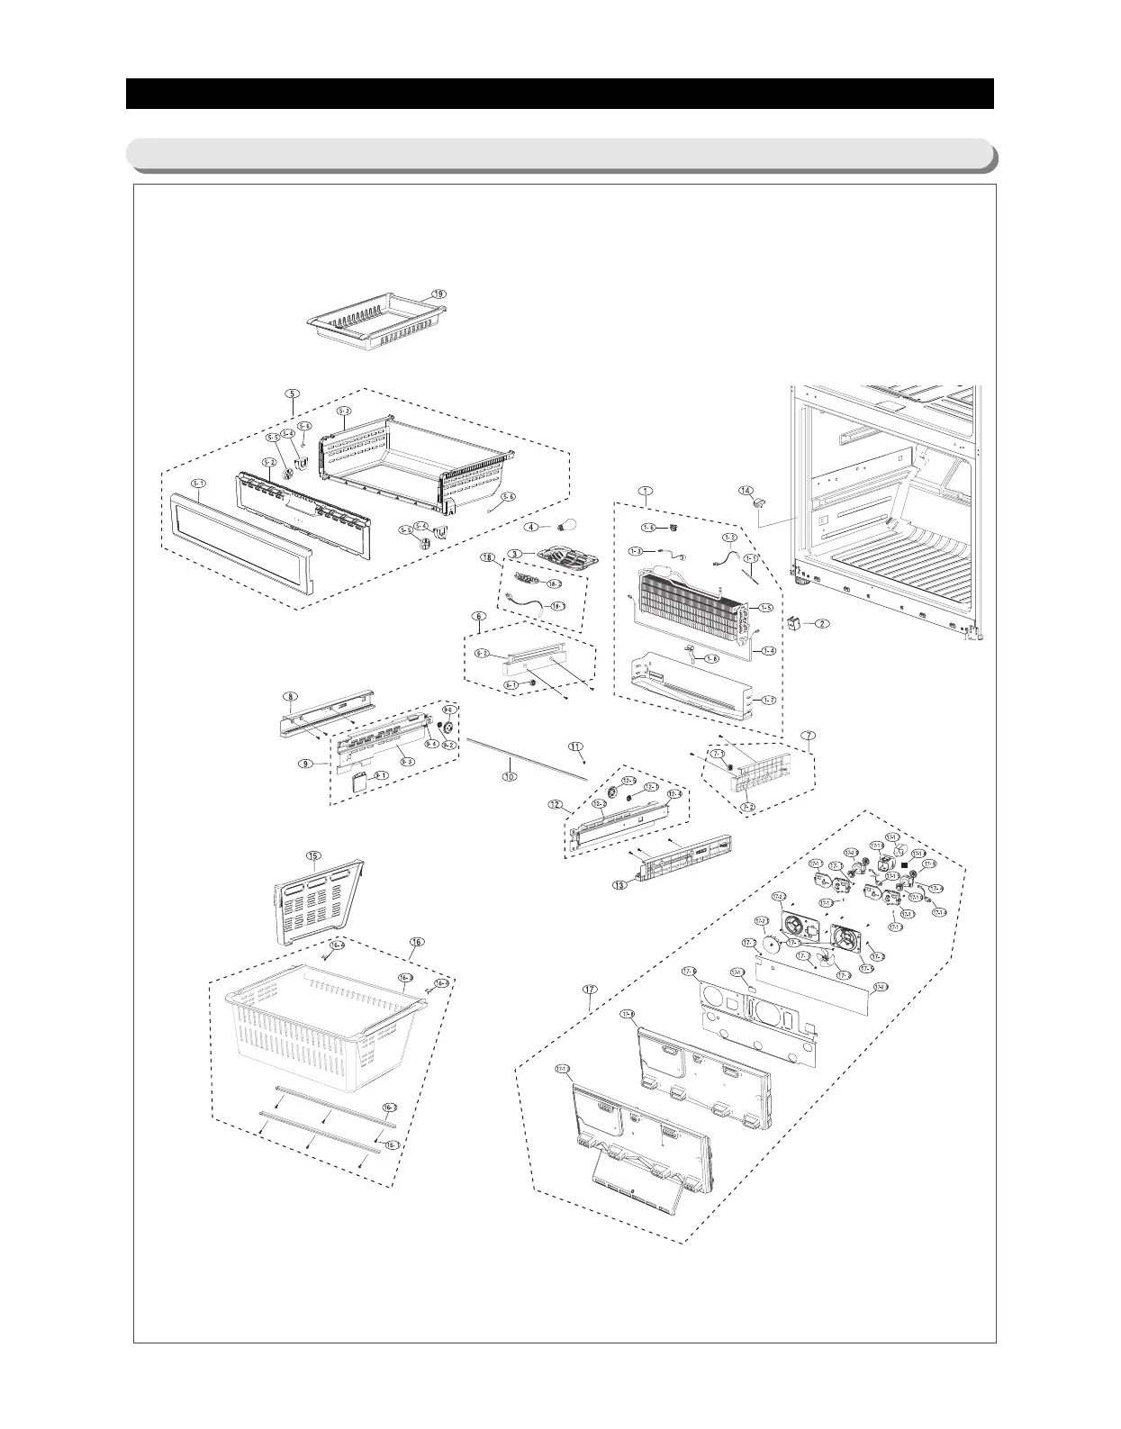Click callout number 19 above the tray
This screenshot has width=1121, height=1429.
click(438, 294)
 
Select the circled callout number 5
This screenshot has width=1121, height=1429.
click(291, 393)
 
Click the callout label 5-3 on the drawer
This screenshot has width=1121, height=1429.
click(344, 412)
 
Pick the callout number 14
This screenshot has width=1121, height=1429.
click(746, 491)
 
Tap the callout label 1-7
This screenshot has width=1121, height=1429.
click(768, 700)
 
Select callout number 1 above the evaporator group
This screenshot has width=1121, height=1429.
click(645, 491)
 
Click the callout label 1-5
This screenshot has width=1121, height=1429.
click(765, 609)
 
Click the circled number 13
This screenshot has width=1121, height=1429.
click(619, 885)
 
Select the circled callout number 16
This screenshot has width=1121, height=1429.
click(416, 942)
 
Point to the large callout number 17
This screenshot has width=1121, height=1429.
click(590, 990)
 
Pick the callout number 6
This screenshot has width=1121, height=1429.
click(479, 617)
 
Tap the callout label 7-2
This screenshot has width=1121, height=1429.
click(747, 808)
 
